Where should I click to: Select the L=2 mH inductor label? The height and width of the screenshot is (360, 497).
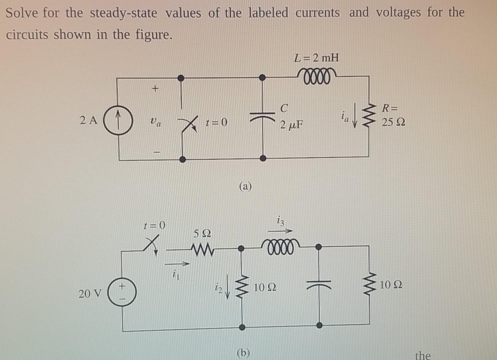click(317, 58)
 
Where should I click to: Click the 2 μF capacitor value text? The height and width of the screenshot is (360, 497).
click(291, 124)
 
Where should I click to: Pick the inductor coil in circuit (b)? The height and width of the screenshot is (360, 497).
click(280, 246)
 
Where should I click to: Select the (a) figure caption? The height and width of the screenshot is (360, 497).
click(245, 185)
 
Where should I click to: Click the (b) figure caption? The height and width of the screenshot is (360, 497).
click(243, 352)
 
